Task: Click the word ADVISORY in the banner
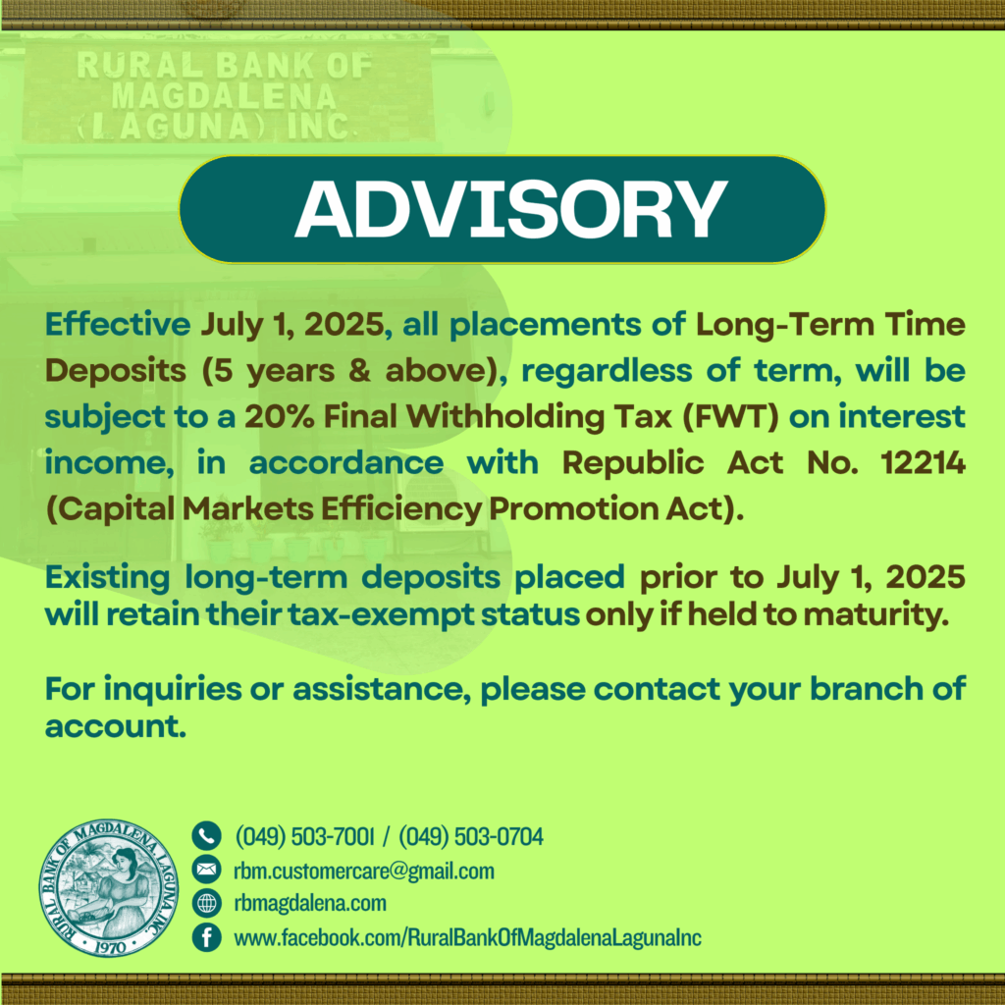510,209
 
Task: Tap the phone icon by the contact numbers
206,836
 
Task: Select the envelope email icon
206,870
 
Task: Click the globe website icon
206,903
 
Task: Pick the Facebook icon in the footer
206,937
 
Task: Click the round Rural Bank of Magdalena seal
108,887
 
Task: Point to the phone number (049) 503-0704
471,836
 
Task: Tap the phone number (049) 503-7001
304,836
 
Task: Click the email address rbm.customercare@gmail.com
364,872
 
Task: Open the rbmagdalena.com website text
310,903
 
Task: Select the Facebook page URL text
468,937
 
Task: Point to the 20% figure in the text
280,416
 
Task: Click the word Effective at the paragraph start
118,324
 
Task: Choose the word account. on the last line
116,726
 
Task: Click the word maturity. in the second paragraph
875,614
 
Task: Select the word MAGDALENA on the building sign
224,96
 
